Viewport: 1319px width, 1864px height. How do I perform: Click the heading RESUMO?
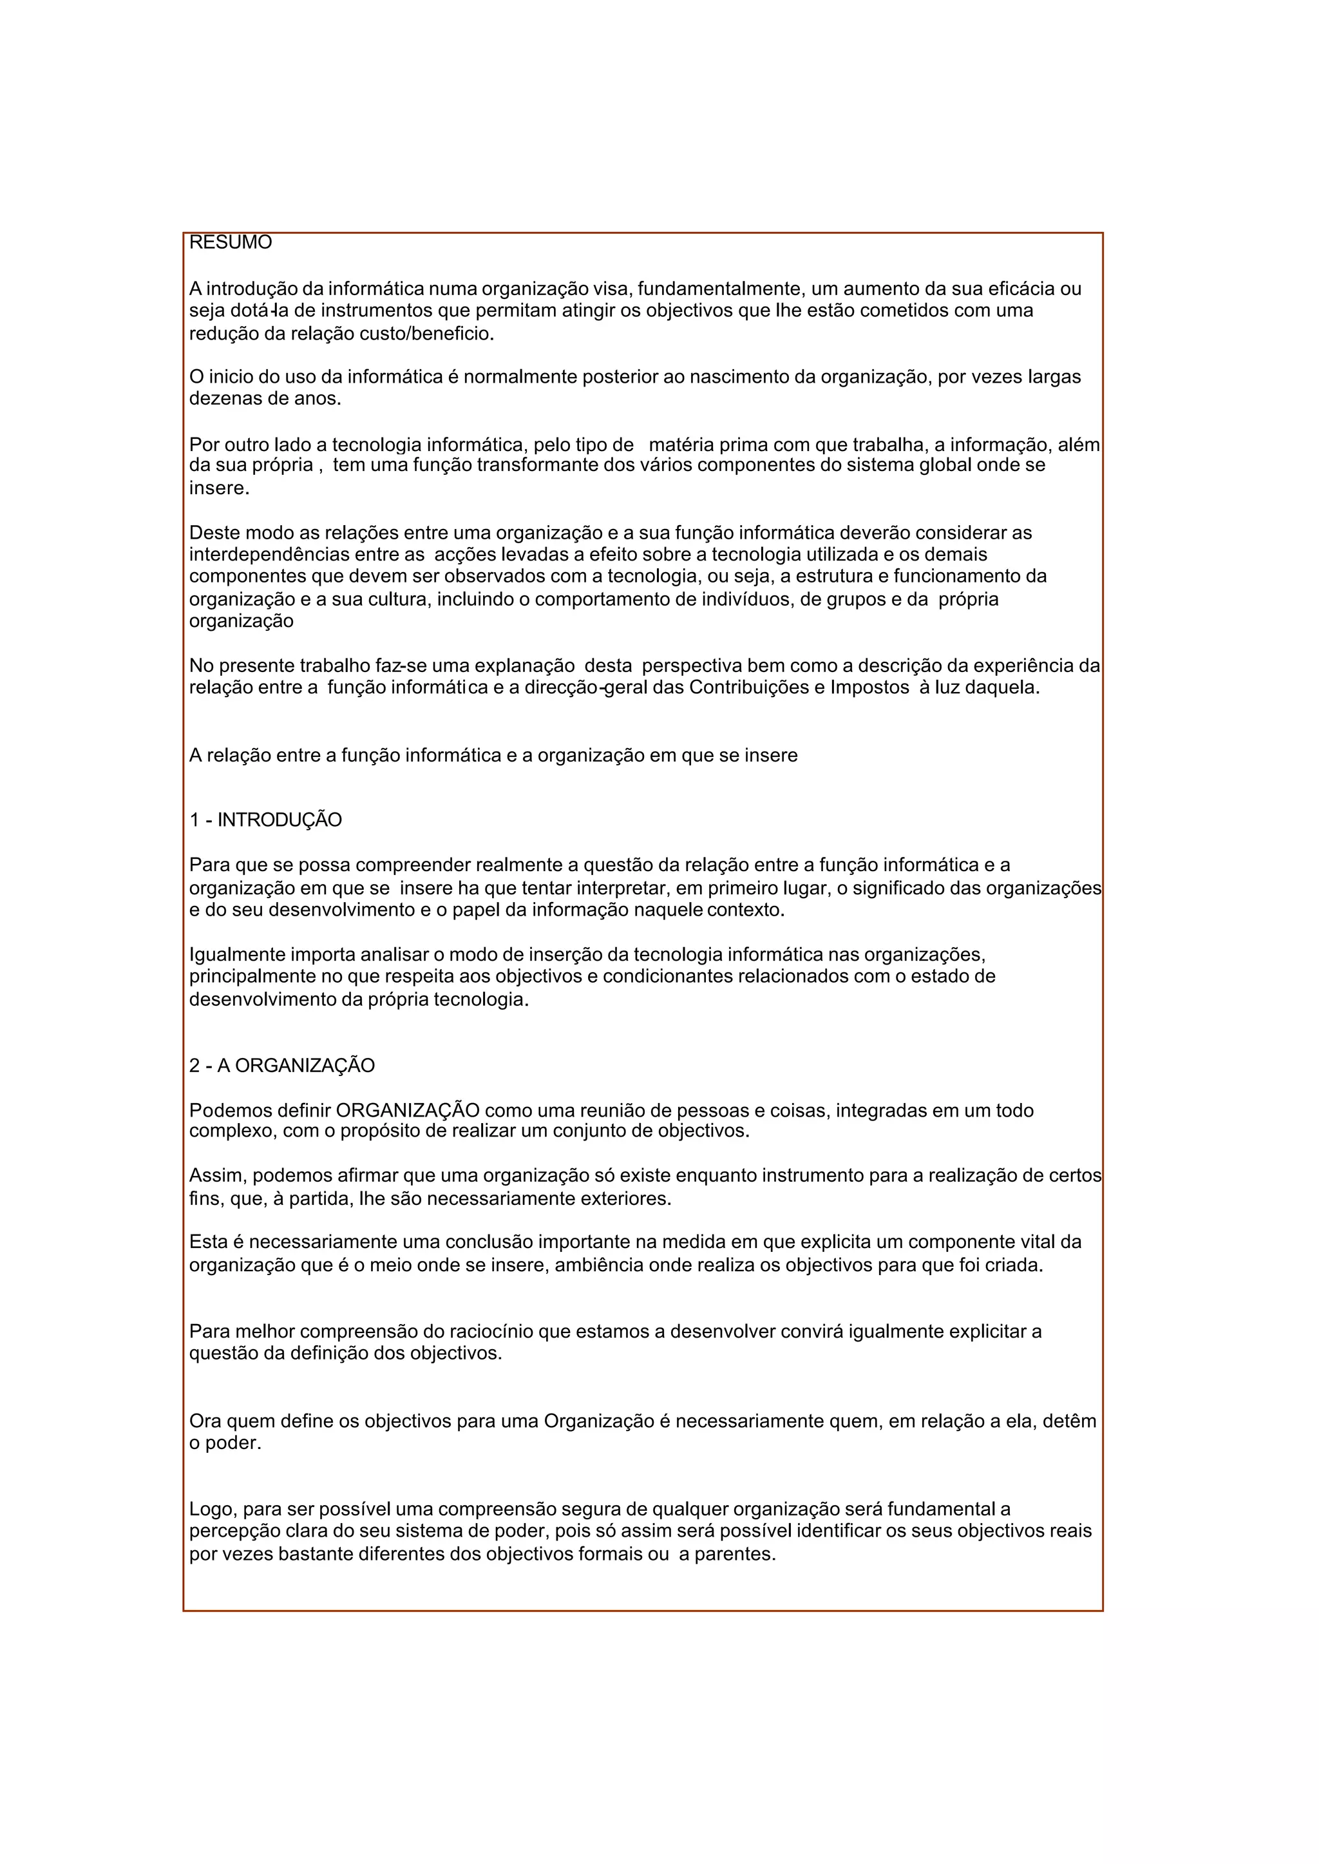click(x=230, y=242)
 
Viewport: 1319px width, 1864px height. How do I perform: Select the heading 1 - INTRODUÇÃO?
click(x=265, y=820)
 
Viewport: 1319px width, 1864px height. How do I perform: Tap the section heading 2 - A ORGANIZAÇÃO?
click(x=282, y=1065)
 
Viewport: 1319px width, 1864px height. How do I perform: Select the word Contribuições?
click(x=749, y=687)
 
